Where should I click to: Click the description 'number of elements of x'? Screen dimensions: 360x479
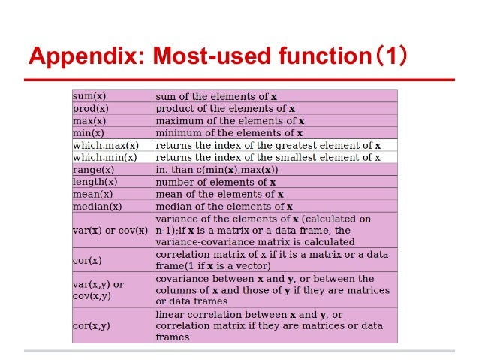point(215,182)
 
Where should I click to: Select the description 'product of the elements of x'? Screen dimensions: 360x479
point(225,108)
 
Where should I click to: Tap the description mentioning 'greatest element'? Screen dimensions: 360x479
point(268,145)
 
